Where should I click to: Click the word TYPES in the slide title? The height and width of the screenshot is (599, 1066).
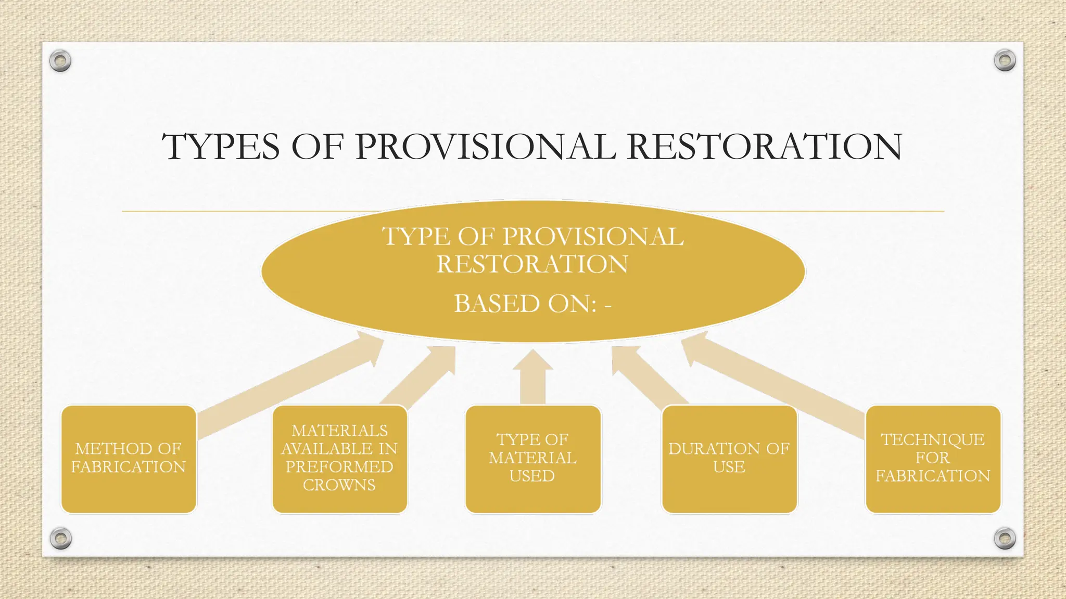pyautogui.click(x=221, y=147)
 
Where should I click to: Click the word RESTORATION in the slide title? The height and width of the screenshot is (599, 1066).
pyautogui.click(x=765, y=147)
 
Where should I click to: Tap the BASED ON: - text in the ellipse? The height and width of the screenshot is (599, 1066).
pyautogui.click(x=532, y=304)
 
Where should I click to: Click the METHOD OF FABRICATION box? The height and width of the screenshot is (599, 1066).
pyautogui.click(x=129, y=459)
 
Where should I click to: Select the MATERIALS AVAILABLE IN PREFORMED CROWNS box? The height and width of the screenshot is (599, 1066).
pyautogui.click(x=339, y=459)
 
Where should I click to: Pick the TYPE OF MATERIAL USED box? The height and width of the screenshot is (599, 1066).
pyautogui.click(x=532, y=459)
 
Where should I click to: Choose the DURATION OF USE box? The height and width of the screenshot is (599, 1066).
pyautogui.click(x=729, y=459)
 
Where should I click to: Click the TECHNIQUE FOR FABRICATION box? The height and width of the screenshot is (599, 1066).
pyautogui.click(x=933, y=459)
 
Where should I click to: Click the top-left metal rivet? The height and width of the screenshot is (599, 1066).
pyautogui.click(x=60, y=61)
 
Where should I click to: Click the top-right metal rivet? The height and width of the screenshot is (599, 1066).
pyautogui.click(x=1005, y=61)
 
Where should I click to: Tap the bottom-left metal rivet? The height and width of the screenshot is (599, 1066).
pyautogui.click(x=60, y=538)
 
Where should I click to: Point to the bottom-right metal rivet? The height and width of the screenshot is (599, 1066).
pyautogui.click(x=1005, y=538)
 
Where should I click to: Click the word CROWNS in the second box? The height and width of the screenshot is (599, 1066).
pyautogui.click(x=339, y=485)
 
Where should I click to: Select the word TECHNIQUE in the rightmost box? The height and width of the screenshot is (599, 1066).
pyautogui.click(x=933, y=440)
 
